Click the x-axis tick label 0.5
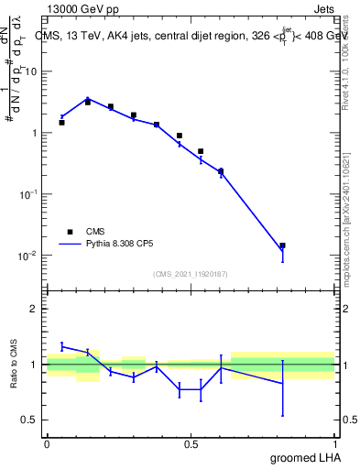pyautogui.click(x=191, y=443)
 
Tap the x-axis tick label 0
pyautogui.click(x=47, y=443)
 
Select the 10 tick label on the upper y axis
pyautogui.click(x=33, y=71)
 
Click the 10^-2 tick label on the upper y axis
pyautogui.click(x=30, y=255)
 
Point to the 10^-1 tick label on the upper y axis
pyautogui.click(x=30, y=193)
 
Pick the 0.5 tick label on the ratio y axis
pyautogui.click(x=32, y=420)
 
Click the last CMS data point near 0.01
pyautogui.click(x=283, y=245)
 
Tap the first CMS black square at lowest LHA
pyautogui.click(x=61, y=122)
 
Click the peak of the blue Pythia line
pyautogui.click(x=88, y=98)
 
